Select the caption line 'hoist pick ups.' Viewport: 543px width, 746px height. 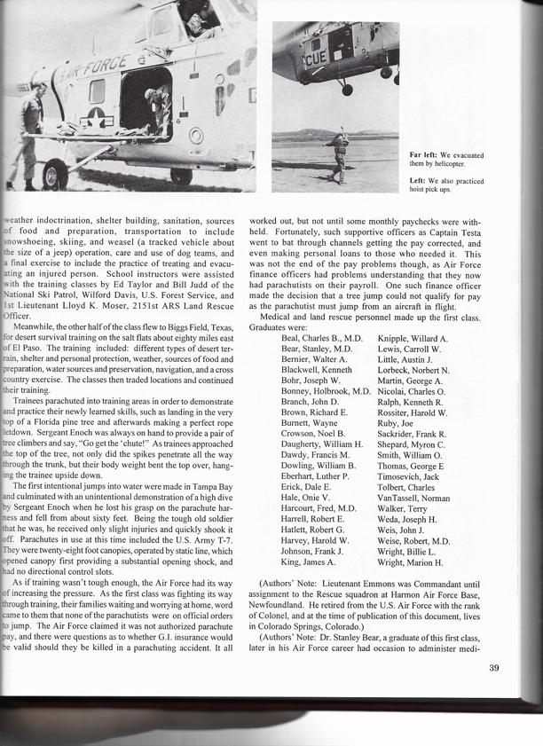pyautogui.click(x=432, y=190)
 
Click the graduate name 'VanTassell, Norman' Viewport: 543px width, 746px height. pyautogui.click(x=413, y=499)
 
